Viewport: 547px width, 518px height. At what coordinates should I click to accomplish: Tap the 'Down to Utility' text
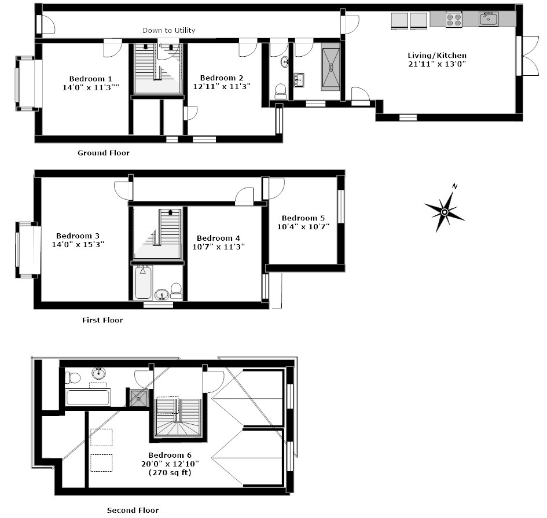(169, 30)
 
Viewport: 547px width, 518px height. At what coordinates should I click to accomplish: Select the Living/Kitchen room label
(437, 56)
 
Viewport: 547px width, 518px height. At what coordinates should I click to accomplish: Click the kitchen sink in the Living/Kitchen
(489, 19)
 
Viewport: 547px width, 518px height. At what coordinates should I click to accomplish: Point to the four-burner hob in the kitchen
(454, 19)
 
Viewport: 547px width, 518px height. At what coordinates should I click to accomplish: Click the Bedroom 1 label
(90, 79)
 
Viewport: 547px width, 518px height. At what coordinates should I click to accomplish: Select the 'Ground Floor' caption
(104, 153)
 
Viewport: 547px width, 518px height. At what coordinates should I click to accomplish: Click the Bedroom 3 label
(78, 236)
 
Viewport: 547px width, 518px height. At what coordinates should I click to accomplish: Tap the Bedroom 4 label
(218, 238)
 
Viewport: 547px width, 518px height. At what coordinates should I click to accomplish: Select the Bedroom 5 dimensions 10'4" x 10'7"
(303, 227)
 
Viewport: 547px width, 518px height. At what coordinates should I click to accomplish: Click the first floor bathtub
(142, 282)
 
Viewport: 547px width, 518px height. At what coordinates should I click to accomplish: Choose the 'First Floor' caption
(102, 320)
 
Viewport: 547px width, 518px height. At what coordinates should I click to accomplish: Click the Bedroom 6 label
(170, 455)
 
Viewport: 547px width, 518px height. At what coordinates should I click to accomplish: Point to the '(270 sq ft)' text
(170, 472)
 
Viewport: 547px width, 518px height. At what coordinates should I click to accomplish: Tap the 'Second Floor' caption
(133, 510)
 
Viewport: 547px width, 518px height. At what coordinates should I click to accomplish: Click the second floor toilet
(72, 378)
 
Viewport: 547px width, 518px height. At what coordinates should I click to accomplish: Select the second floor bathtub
(88, 398)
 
